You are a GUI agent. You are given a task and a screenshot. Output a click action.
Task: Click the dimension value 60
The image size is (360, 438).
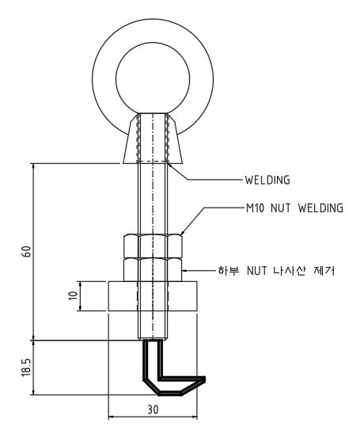(x=27, y=251)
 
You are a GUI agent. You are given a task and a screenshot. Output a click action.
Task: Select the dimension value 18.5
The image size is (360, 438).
(x=27, y=367)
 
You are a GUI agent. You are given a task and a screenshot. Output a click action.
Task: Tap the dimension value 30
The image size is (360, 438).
(x=153, y=409)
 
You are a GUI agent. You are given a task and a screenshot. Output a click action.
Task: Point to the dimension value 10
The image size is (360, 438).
(x=73, y=295)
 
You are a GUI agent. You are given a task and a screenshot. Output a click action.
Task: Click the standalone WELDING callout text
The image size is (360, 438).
(x=267, y=180)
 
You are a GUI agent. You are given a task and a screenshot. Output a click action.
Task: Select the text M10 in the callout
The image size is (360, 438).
(x=255, y=208)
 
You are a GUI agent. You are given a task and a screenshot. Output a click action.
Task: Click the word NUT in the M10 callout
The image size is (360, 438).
(x=280, y=208)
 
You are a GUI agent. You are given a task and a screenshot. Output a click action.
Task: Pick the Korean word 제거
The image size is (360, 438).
(x=324, y=270)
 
